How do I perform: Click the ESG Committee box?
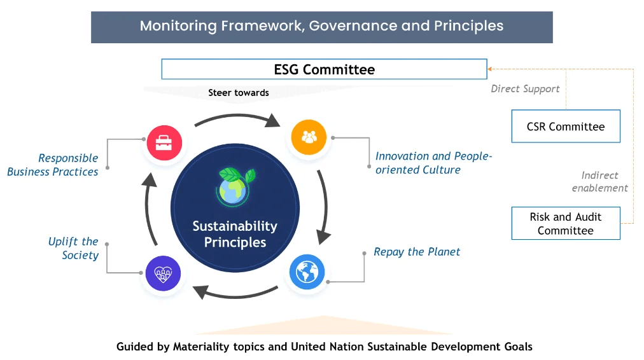click(x=324, y=69)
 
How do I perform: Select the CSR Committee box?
click(x=565, y=127)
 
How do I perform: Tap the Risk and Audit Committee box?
click(x=565, y=223)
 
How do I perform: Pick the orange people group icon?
click(x=309, y=136)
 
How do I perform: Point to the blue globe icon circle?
click(x=307, y=272)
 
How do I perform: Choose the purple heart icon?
click(x=163, y=274)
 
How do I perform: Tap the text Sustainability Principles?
click(x=235, y=233)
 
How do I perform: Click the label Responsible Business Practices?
click(x=53, y=165)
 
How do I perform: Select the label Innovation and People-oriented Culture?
click(x=433, y=163)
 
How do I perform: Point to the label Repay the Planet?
click(x=417, y=252)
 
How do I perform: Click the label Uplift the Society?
click(x=73, y=248)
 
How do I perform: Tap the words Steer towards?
click(x=239, y=93)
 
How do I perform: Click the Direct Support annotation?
click(x=525, y=89)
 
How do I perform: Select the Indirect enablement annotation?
click(x=599, y=181)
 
